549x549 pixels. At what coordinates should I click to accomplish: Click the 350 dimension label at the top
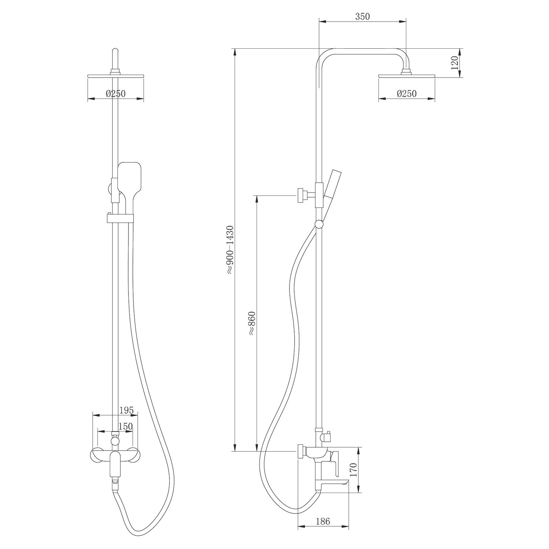point(362,16)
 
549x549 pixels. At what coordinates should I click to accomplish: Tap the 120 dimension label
point(454,63)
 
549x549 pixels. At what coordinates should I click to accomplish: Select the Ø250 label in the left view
point(116,94)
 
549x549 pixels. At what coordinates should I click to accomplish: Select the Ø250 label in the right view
point(407,94)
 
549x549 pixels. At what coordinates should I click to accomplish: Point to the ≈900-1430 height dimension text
point(229,250)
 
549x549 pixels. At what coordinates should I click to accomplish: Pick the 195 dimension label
point(126,410)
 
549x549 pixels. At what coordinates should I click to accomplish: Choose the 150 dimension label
point(126,426)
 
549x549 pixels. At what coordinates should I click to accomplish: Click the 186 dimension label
point(322,521)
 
